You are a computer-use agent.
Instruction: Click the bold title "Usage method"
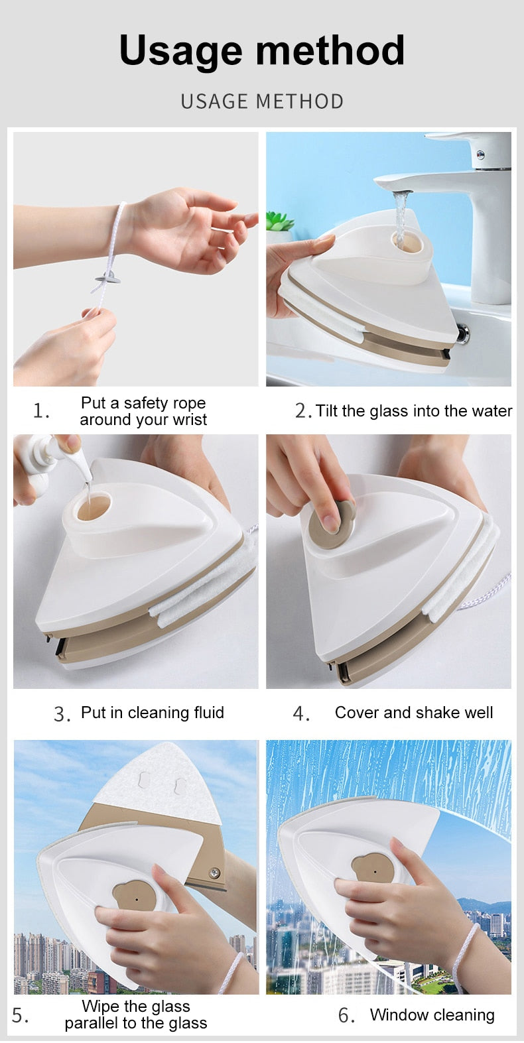pos(261,50)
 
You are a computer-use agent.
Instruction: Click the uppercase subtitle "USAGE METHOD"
pos(262,101)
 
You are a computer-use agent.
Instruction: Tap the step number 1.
pos(41,411)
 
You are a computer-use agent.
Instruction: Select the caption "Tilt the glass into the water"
pos(413,411)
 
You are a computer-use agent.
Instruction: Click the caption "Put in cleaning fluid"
pos(152,713)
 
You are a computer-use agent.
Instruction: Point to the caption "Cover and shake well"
pos(413,713)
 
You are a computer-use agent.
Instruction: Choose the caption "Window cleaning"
pos(432,1015)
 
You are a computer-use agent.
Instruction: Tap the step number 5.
pos(20,1016)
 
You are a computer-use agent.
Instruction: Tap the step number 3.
pos(62,714)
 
